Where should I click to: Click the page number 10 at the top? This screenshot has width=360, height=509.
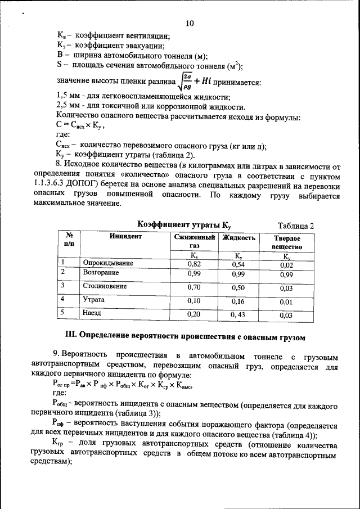[189, 23]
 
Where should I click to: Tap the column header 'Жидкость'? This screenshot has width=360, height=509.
[238, 237]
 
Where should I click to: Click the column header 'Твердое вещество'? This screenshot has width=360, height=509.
[286, 242]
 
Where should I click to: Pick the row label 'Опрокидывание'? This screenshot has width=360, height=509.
[108, 263]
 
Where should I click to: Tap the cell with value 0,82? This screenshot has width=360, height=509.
[194, 264]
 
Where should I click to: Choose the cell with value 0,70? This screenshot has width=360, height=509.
[194, 287]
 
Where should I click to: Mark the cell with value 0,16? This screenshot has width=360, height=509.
[238, 301]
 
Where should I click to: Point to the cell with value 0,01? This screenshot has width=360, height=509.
[286, 302]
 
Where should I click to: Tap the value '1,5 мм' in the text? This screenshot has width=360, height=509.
[70, 96]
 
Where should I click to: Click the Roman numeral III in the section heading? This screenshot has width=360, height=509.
[71, 337]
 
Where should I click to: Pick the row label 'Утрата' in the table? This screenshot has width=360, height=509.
[94, 300]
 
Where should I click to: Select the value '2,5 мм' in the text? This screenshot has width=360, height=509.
[70, 105]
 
